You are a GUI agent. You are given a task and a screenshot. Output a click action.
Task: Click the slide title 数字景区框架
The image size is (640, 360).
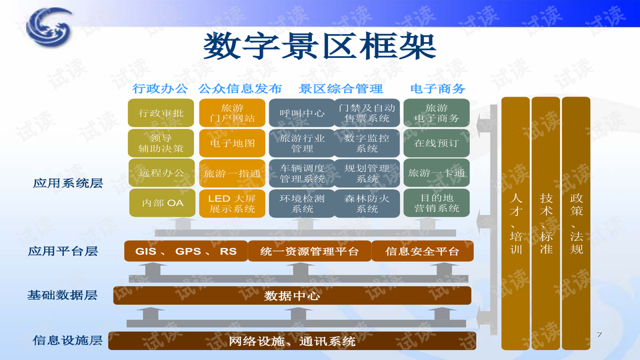point(319,47)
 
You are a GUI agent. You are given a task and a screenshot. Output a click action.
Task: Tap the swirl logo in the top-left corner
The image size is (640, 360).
point(49,27)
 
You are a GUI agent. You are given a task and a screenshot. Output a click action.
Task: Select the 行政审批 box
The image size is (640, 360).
point(161,113)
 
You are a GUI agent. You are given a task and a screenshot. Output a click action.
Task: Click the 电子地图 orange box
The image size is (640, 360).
point(232,143)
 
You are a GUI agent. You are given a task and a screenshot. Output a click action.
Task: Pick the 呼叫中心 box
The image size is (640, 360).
point(302,113)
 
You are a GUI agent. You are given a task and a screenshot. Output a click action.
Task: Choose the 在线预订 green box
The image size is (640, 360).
point(436,143)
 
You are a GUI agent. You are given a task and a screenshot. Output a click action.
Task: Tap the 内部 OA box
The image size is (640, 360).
point(162,203)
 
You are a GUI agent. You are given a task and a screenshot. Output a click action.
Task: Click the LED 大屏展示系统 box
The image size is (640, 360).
point(232,203)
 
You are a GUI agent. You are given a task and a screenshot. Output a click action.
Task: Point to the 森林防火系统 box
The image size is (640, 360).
point(367,203)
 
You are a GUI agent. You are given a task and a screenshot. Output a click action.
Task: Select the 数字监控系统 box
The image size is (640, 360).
point(367,143)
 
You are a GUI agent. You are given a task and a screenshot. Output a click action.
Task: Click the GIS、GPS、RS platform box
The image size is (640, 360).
point(186,251)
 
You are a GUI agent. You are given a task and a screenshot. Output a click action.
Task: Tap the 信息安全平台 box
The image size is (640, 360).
point(423,251)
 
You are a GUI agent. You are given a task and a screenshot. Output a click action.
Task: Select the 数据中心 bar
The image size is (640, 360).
point(292,295)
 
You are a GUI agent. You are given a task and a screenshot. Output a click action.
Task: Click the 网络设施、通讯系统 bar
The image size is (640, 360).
point(292,341)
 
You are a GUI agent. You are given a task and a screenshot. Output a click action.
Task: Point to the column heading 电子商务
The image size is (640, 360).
point(437,89)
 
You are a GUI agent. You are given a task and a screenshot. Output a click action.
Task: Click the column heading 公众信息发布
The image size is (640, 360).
point(240,89)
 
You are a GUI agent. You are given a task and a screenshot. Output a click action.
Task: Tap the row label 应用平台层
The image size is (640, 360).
point(63,251)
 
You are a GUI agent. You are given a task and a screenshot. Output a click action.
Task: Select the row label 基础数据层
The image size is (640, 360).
point(63,295)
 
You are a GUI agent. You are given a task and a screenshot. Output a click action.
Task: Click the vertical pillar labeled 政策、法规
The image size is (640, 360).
point(576,223)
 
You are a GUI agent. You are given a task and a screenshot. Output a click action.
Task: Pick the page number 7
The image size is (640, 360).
point(599,334)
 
